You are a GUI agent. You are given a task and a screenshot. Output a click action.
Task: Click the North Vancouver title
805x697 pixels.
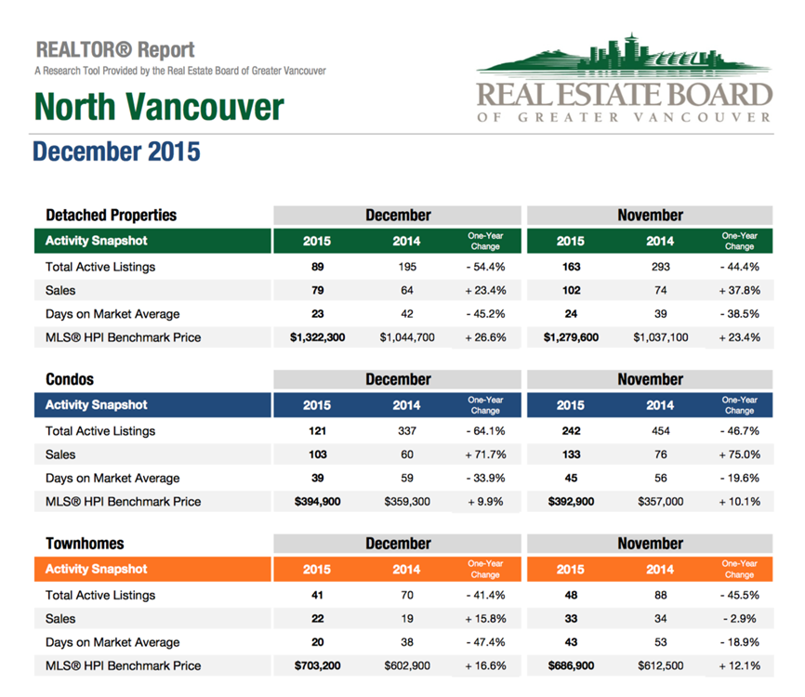(159, 107)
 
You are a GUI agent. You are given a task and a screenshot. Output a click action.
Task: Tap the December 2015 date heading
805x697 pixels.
(116, 151)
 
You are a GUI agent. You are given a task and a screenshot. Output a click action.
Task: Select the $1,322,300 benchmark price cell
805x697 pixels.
(317, 337)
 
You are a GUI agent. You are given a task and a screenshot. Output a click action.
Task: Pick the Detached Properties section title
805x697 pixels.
(111, 215)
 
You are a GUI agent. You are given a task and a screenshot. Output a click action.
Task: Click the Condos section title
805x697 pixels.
(70, 379)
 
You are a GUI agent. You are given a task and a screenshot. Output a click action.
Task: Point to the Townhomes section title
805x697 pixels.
(85, 544)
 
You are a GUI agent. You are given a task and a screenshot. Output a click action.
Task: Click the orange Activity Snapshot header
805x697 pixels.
(152, 569)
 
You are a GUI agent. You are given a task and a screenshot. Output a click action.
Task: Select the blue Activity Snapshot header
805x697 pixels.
(152, 405)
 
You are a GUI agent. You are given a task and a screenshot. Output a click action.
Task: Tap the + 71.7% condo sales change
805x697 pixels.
(485, 454)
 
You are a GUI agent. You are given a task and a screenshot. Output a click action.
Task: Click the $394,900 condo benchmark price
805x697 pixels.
(317, 502)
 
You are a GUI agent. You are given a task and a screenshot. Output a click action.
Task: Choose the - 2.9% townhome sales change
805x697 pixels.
(739, 619)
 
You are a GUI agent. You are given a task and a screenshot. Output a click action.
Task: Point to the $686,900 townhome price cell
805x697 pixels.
(571, 665)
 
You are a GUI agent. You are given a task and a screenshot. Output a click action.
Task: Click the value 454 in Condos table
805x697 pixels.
(661, 430)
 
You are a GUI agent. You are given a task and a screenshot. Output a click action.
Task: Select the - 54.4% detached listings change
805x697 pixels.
(485, 267)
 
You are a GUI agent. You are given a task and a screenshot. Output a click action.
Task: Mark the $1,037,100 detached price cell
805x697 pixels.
(661, 337)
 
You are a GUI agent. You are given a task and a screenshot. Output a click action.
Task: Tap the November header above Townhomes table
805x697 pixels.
(650, 544)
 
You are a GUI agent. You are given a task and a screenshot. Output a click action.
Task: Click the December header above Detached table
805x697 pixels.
(398, 215)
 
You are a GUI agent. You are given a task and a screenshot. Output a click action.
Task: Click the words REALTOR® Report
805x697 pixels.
(115, 50)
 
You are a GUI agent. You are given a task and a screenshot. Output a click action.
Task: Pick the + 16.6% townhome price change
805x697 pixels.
(485, 665)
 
